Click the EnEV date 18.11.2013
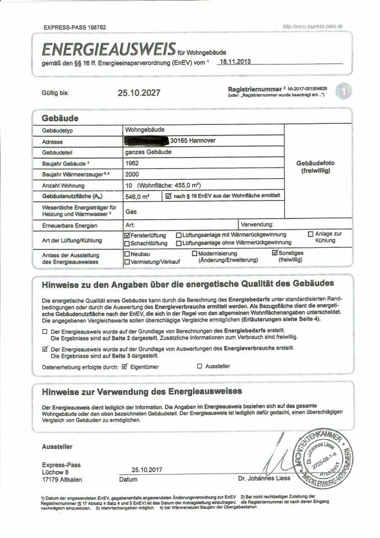click(235, 62)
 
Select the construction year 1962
click(132, 163)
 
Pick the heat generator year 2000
click(132, 174)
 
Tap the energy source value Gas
click(131, 212)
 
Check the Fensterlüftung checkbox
click(127, 235)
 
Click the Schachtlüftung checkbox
click(127, 243)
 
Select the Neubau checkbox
click(127, 254)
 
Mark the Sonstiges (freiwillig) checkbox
click(275, 253)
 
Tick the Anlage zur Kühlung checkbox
click(310, 234)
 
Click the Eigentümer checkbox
click(125, 366)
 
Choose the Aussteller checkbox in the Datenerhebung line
click(199, 366)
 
